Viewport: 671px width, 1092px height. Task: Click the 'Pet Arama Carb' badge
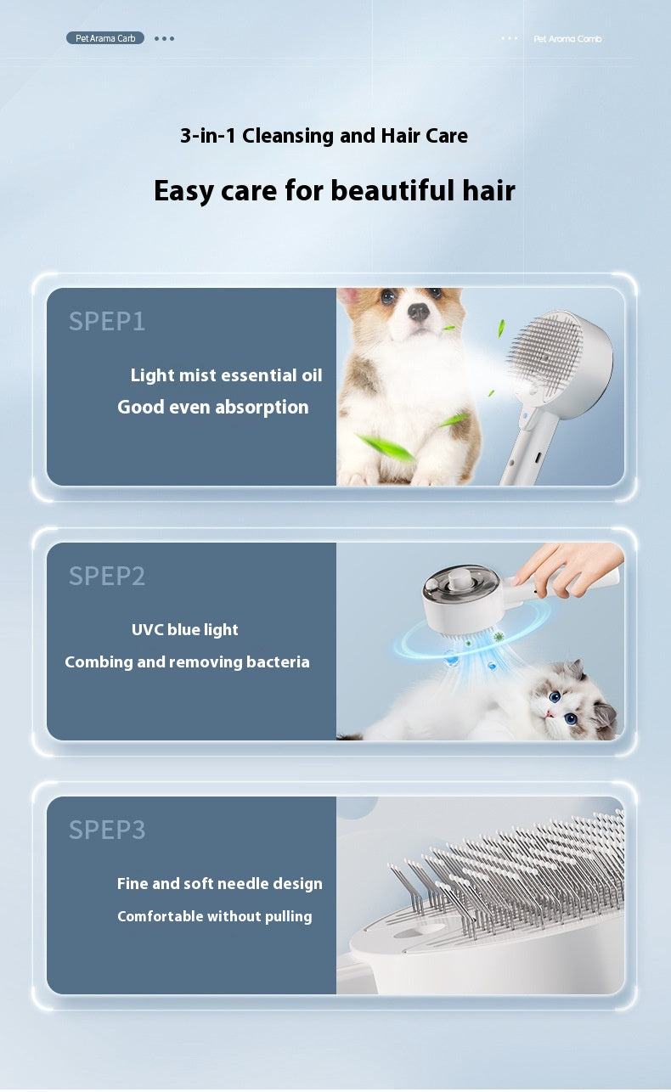[105, 38]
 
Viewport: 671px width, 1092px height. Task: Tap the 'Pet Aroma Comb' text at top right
[567, 39]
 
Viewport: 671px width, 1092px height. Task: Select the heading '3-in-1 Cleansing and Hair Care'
[324, 135]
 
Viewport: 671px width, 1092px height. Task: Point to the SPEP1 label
[107, 321]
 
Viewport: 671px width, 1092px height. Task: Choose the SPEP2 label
[107, 576]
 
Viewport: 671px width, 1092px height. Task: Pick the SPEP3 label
[107, 830]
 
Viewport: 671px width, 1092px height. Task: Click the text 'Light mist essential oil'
[226, 375]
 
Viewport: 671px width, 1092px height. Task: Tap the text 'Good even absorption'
[212, 407]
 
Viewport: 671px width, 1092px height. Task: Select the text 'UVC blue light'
[184, 629]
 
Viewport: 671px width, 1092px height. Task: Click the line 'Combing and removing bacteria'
[187, 661]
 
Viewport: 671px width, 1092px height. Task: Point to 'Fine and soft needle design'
[219, 884]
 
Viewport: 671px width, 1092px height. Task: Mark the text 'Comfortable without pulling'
[214, 916]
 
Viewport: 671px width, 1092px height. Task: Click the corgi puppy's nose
[418, 311]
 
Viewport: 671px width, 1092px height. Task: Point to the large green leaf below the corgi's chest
[386, 447]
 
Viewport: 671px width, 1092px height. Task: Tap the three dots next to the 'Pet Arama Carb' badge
[165, 38]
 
